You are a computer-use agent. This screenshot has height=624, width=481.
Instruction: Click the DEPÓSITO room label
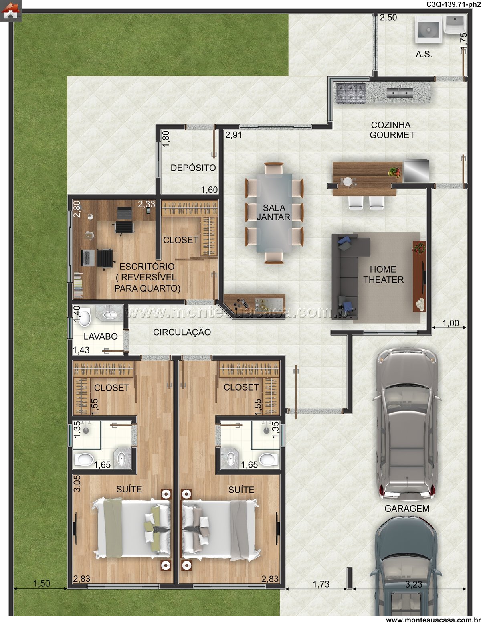[193, 168]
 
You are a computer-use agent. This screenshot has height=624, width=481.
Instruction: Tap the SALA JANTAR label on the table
[274, 212]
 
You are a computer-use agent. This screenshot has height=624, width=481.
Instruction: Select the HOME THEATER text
[383, 274]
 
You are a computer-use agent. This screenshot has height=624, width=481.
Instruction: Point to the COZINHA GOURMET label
[392, 130]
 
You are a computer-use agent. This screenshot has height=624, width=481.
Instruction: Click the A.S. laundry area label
[424, 54]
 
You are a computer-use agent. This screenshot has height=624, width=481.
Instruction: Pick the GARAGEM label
[407, 509]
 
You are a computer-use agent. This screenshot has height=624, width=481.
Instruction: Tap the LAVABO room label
[101, 336]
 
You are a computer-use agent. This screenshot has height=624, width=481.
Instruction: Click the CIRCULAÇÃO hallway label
[182, 332]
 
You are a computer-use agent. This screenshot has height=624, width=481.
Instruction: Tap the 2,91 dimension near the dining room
[233, 135]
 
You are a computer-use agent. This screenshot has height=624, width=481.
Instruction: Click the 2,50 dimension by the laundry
[388, 18]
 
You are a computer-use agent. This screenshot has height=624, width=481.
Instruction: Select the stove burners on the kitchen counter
[351, 93]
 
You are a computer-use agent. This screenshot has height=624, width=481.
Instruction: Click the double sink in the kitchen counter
[400, 93]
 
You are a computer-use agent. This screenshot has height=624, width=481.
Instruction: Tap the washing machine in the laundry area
[428, 29]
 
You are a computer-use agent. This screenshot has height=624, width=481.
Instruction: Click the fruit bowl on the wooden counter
[395, 172]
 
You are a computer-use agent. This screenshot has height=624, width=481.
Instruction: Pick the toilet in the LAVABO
[85, 317]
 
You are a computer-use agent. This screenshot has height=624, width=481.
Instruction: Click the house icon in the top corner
[11, 11]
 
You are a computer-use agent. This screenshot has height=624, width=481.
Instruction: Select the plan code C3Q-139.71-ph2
[453, 4]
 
